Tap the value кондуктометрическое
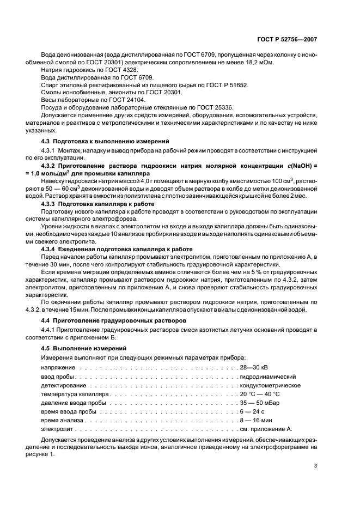click(x=270, y=385)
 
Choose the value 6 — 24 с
click(x=252, y=411)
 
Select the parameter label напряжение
click(x=57, y=368)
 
